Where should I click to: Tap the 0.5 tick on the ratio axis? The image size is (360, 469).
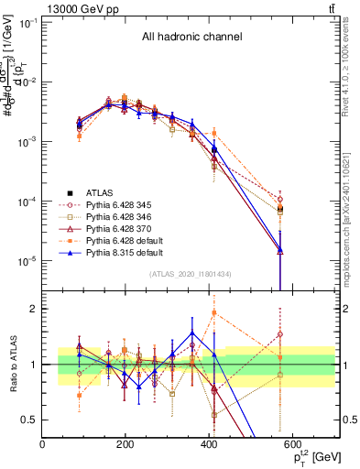tap(32, 420)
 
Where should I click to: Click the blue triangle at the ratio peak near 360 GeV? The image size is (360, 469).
tap(192, 333)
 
